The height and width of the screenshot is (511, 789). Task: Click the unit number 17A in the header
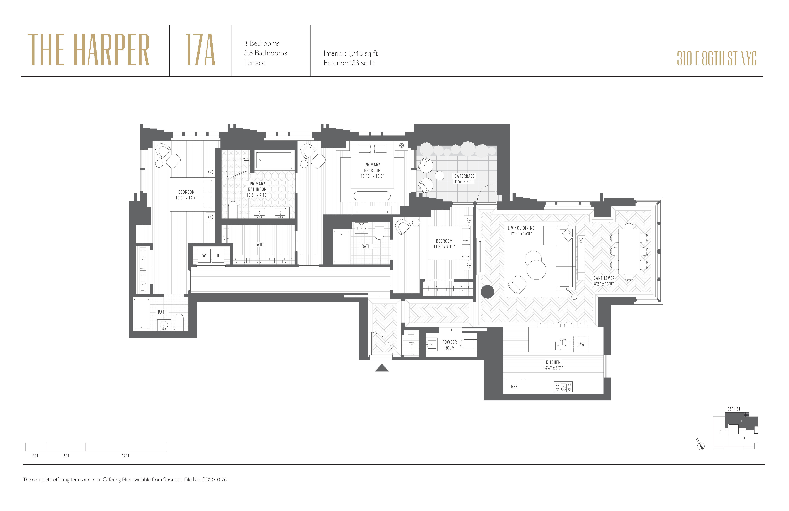point(200,50)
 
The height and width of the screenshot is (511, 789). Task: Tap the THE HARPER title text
point(89,50)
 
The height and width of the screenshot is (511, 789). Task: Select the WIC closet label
point(260,245)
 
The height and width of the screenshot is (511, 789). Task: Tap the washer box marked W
point(204,255)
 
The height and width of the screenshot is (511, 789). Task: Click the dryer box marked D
point(218,255)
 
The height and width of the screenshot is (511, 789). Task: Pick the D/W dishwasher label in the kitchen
point(581,344)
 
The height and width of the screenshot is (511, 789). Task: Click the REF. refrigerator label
point(514,387)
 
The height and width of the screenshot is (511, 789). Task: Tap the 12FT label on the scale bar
point(125,456)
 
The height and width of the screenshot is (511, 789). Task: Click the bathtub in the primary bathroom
point(274,160)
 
